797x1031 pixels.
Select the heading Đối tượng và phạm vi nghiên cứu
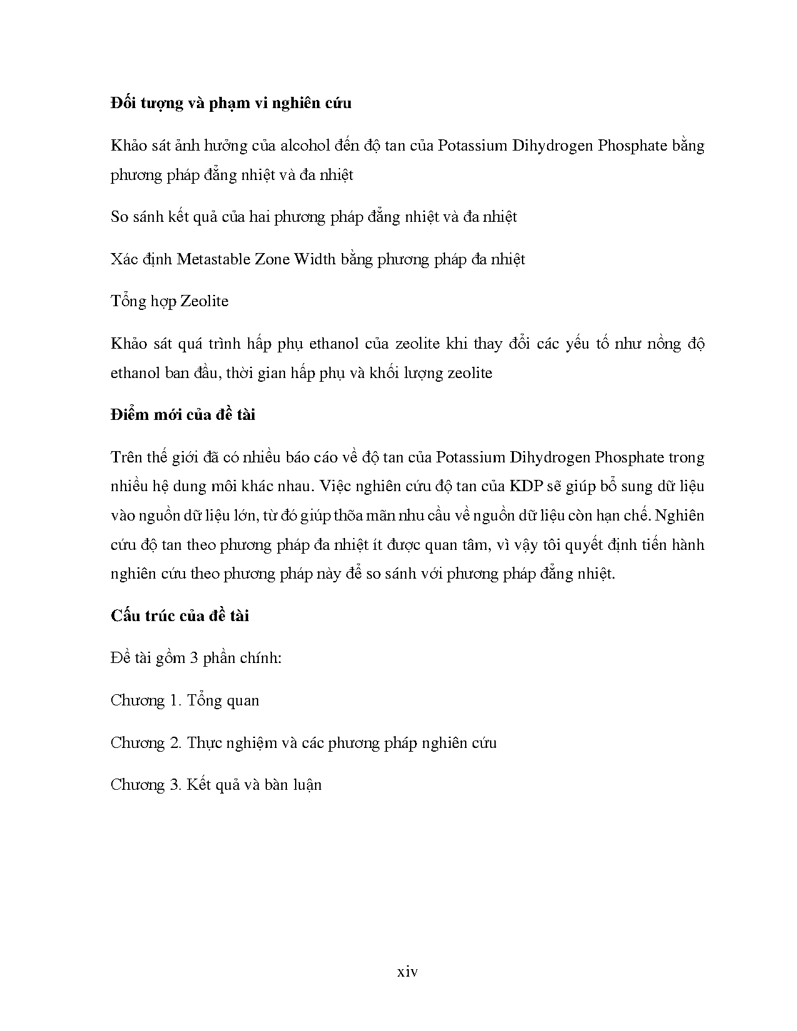click(231, 103)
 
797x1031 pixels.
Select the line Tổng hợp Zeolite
click(169, 301)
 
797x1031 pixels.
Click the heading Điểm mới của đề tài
click(183, 415)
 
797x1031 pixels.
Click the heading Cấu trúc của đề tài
click(179, 616)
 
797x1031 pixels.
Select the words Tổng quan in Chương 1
click(223, 700)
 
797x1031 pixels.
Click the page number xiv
click(408, 972)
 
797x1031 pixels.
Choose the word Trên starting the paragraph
click(126, 457)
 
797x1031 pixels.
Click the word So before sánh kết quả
click(119, 217)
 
